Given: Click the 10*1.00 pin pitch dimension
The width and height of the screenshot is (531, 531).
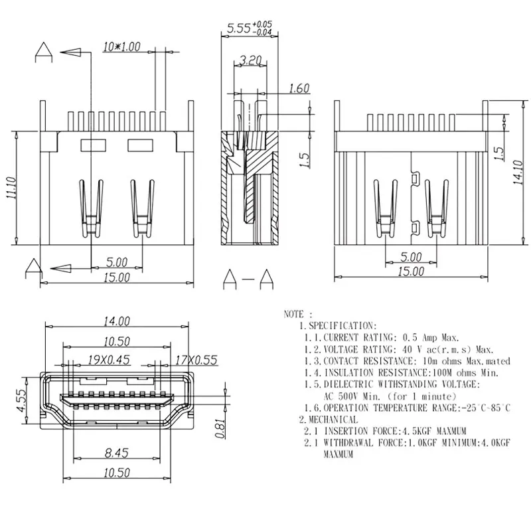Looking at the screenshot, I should click(x=122, y=46).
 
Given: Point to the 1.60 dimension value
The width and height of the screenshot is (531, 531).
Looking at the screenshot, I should click(x=299, y=88).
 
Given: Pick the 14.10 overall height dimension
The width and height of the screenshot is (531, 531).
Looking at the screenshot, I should click(x=517, y=171).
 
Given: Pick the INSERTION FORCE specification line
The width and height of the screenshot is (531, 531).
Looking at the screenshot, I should click(x=382, y=431).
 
